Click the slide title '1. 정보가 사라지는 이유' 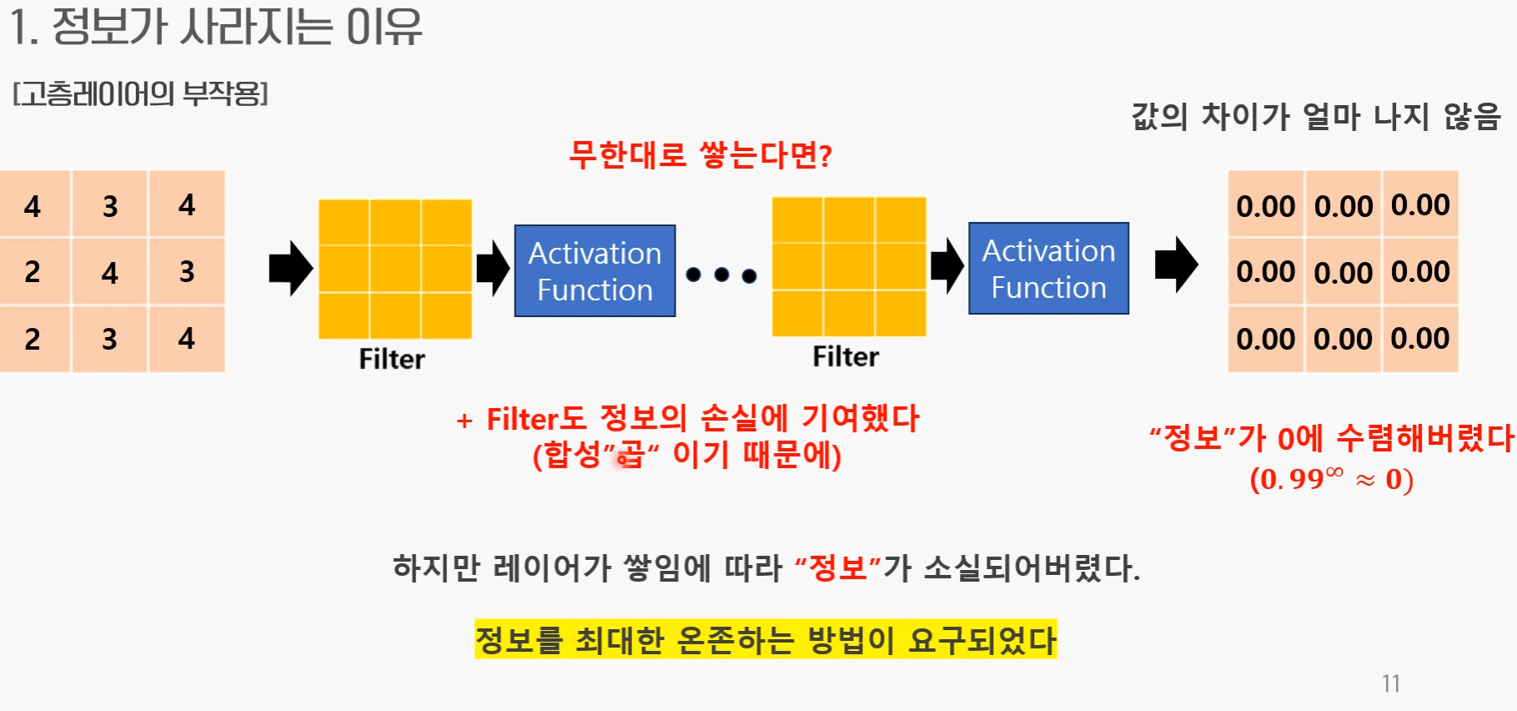click(216, 27)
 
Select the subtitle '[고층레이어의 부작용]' click(140, 93)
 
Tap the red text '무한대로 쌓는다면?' click(701, 155)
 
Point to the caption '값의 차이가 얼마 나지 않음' click(1315, 117)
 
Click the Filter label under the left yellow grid click(392, 359)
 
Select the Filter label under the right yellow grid click(846, 357)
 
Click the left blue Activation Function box click(595, 271)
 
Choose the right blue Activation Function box click(1048, 269)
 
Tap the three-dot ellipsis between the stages click(721, 275)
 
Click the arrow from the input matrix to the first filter click(290, 269)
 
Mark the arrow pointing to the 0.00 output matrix click(1176, 265)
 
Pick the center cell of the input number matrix click(110, 272)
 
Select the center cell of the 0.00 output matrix click(1343, 272)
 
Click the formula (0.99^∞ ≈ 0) click(1331, 479)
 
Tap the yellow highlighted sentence click(766, 640)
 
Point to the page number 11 click(1390, 683)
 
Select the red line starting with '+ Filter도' click(688, 418)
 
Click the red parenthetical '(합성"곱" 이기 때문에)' click(687, 456)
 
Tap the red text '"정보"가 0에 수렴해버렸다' click(1331, 437)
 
